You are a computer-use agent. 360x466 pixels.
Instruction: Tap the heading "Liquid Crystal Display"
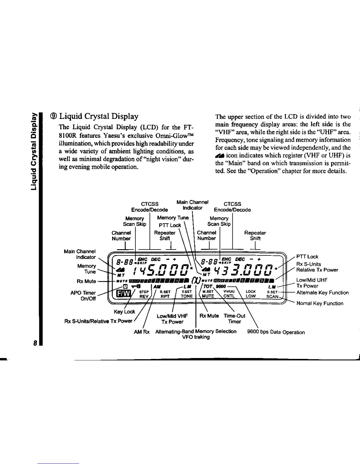[99, 116]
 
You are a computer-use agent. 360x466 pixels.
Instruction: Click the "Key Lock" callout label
[124, 312]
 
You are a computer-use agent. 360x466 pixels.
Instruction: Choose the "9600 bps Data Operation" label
[276, 332]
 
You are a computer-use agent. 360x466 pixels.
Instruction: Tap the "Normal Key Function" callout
[320, 303]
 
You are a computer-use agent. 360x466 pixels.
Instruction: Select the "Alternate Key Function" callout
[322, 292]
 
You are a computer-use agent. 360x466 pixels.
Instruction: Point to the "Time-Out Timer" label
[234, 319]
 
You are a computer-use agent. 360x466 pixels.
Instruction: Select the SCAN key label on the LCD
[272, 296]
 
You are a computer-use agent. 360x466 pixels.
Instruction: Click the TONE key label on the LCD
[186, 296]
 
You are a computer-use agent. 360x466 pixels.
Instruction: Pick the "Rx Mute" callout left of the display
[86, 281]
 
